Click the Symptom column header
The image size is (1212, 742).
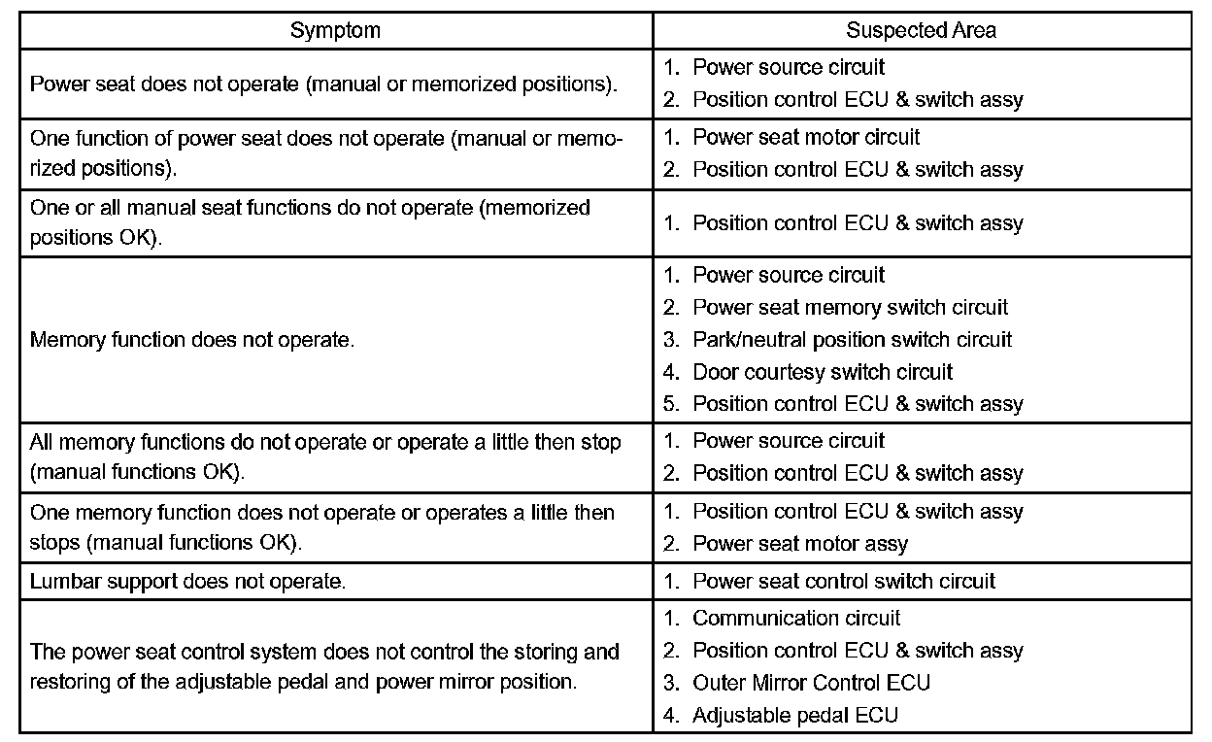tap(335, 30)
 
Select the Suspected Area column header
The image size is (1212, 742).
tap(921, 30)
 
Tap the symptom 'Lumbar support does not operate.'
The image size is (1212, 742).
tap(188, 582)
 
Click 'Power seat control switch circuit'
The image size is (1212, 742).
tap(843, 582)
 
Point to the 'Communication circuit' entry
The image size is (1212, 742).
tap(795, 619)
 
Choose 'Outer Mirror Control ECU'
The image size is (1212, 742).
tap(811, 683)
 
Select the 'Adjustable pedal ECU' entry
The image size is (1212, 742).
tap(794, 716)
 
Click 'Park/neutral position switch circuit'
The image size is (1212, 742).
tap(852, 340)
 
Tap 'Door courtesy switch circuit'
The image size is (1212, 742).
tap(823, 372)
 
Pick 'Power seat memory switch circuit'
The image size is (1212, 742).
tap(850, 308)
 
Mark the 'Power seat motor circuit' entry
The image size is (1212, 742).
tap(806, 137)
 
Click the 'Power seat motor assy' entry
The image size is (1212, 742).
tap(799, 544)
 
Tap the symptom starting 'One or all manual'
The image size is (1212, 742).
tap(310, 222)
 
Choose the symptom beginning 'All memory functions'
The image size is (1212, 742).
tap(325, 456)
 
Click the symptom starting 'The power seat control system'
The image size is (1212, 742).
tap(324, 666)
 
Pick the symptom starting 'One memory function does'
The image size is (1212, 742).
tap(322, 526)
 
